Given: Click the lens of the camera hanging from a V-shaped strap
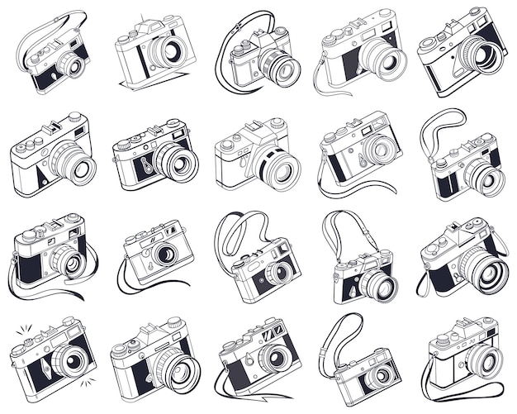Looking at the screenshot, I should pos(376,285).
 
